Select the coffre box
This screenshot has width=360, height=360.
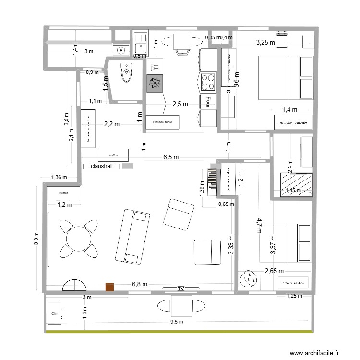[x=113, y=155]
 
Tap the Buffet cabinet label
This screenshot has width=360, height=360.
[x=63, y=193]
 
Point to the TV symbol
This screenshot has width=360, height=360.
[x=180, y=288]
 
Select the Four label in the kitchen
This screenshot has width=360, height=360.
[x=208, y=102]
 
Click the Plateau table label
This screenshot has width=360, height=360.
[x=162, y=122]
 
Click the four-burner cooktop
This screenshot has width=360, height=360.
[x=209, y=82]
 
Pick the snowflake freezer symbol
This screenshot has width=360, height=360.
[x=155, y=84]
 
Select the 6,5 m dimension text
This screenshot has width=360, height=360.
[x=171, y=157]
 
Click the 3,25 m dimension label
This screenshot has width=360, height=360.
[x=265, y=42]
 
